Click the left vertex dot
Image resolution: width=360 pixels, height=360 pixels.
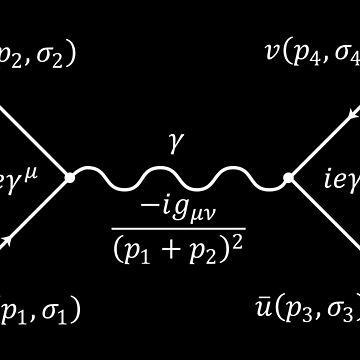click(70, 178)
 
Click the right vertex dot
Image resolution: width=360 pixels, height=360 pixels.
click(288, 178)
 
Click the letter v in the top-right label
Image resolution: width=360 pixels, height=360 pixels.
click(273, 53)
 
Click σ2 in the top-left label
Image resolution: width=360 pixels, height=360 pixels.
click(45, 55)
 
